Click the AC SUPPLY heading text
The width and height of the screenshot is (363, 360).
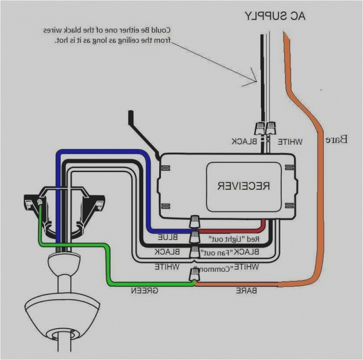coord(275,15)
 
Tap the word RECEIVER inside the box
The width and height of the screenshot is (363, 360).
coord(244,186)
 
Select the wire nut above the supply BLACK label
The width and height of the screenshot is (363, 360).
coord(260,128)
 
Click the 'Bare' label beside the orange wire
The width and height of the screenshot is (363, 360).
coord(336,140)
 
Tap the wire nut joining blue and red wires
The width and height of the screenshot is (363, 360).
coord(195,222)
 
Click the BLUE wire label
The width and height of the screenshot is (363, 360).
coord(170,237)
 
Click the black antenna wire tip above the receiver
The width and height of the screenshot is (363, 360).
coord(131,114)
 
